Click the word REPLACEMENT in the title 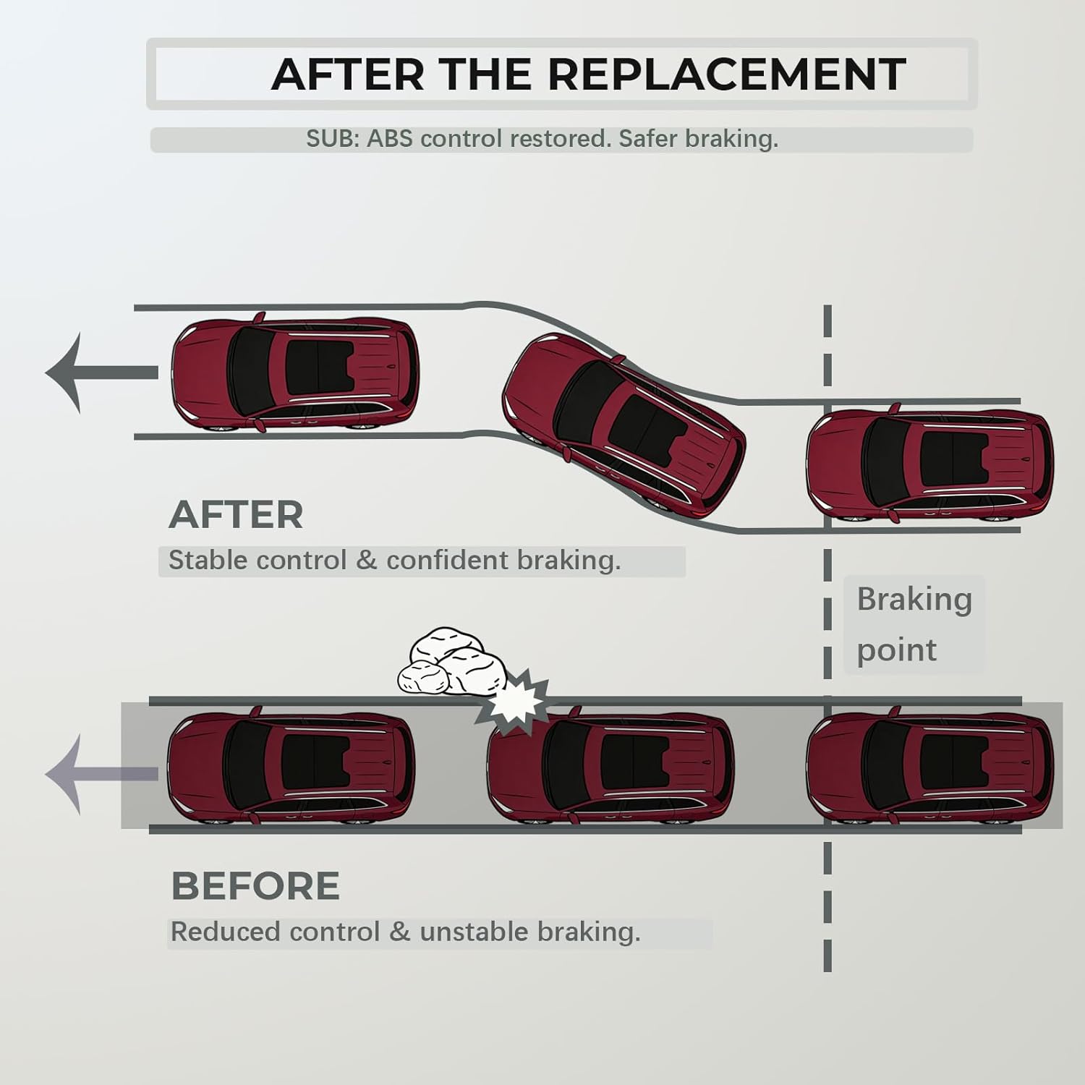tap(726, 74)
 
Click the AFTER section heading tap(236, 514)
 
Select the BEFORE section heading tap(255, 886)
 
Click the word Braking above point tap(914, 600)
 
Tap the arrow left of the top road tap(101, 373)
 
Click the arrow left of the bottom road tap(101, 774)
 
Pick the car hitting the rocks tap(611, 768)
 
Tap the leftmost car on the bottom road tap(291, 768)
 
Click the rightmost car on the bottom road tap(930, 768)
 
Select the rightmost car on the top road tap(930, 464)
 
